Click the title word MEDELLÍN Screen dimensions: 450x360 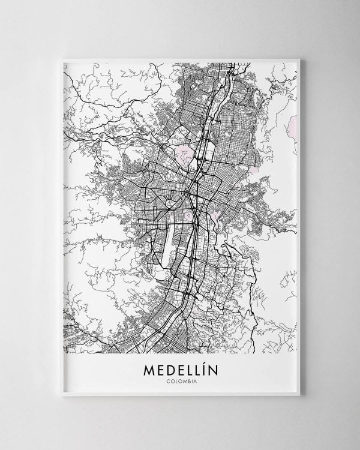[181, 368]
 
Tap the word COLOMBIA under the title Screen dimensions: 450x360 [181, 380]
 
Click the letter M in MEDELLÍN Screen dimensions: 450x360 [148, 368]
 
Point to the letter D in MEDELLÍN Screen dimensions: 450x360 [170, 368]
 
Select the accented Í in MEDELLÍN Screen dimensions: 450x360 [203, 367]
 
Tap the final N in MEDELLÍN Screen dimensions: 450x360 [213, 368]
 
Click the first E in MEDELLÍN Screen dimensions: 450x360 [160, 368]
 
